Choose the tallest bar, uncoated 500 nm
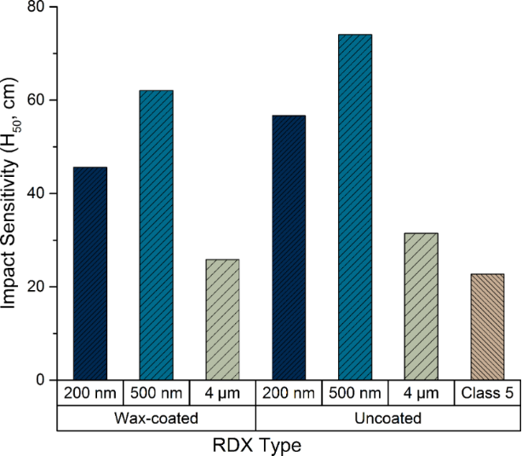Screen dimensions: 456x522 pyautogui.click(x=354, y=207)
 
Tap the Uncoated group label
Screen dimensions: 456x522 pyautogui.click(x=387, y=418)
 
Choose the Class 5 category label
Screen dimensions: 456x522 pyautogui.click(x=486, y=394)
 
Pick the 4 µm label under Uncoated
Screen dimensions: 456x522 pyautogui.click(x=420, y=394)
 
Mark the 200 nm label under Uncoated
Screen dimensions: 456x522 pyautogui.click(x=288, y=394)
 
